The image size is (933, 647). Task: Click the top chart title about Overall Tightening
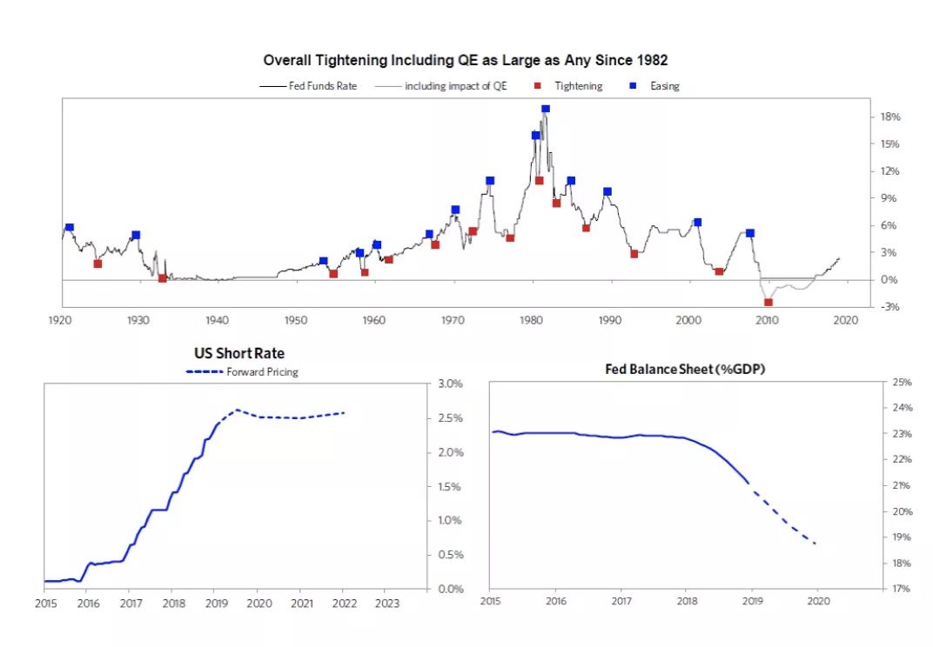point(465,60)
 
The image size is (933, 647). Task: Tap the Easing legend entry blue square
point(634,86)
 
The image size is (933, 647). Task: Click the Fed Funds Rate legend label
point(323,86)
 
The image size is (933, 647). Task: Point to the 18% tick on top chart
point(889,117)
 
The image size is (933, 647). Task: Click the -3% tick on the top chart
point(889,307)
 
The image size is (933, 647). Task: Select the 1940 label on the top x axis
point(217,321)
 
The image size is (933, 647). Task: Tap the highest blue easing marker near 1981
point(546,110)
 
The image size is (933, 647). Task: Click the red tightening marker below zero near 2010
point(769,302)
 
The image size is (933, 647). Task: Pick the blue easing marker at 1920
point(70,227)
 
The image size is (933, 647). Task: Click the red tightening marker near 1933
point(163,278)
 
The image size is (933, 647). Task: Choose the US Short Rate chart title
point(238,354)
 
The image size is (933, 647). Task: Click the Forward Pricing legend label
point(262,372)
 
